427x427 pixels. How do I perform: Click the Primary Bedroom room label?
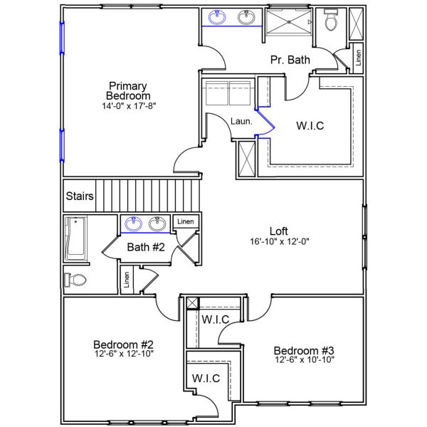tap(128, 90)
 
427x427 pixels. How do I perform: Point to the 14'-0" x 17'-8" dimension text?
tap(128, 105)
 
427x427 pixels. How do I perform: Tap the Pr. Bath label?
tap(290, 60)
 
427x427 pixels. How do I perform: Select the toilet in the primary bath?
tap(331, 22)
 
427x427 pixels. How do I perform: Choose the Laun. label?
tap(241, 122)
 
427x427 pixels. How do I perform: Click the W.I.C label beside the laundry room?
tap(310, 126)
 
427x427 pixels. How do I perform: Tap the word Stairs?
tap(78, 196)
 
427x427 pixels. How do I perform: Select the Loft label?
tap(278, 231)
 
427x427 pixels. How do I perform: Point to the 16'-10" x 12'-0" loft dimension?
tap(278, 241)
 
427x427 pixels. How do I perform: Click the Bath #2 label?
tap(146, 248)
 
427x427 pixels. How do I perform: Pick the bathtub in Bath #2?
tap(75, 238)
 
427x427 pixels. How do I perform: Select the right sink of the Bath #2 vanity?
tap(158, 224)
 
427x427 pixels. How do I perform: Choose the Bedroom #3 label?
tap(304, 350)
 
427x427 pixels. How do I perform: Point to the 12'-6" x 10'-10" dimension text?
tap(304, 360)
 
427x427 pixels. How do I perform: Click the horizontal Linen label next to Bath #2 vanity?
tap(185, 221)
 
